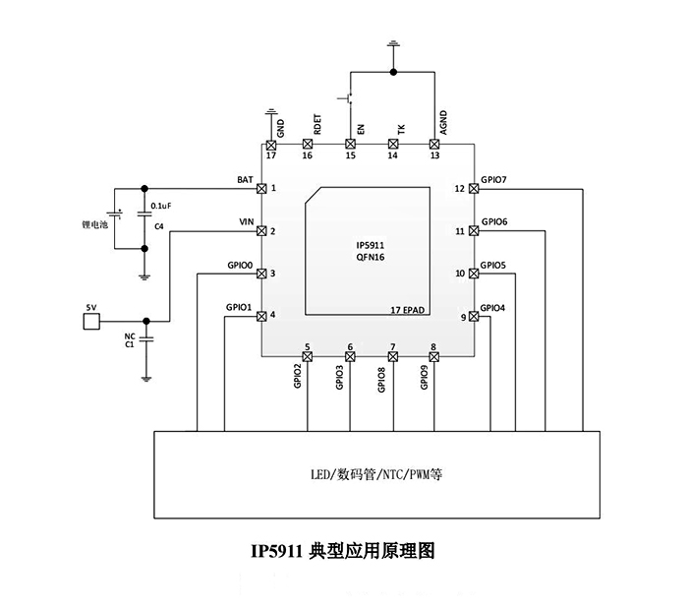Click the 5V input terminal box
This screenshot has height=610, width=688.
pos(90,320)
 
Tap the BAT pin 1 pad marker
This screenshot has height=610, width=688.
pos(261,188)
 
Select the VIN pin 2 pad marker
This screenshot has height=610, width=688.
pos(261,231)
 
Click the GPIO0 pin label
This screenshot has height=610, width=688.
pos(240,266)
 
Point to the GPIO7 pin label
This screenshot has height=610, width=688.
pos(494,180)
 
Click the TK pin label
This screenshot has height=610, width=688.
pos(400,128)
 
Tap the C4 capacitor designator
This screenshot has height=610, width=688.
pos(158,227)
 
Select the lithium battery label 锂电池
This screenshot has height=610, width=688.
pos(93,224)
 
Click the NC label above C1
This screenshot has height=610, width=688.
pos(129,335)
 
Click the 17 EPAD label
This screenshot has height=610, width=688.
pos(407,310)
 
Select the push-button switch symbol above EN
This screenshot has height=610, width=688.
pos(346,98)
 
